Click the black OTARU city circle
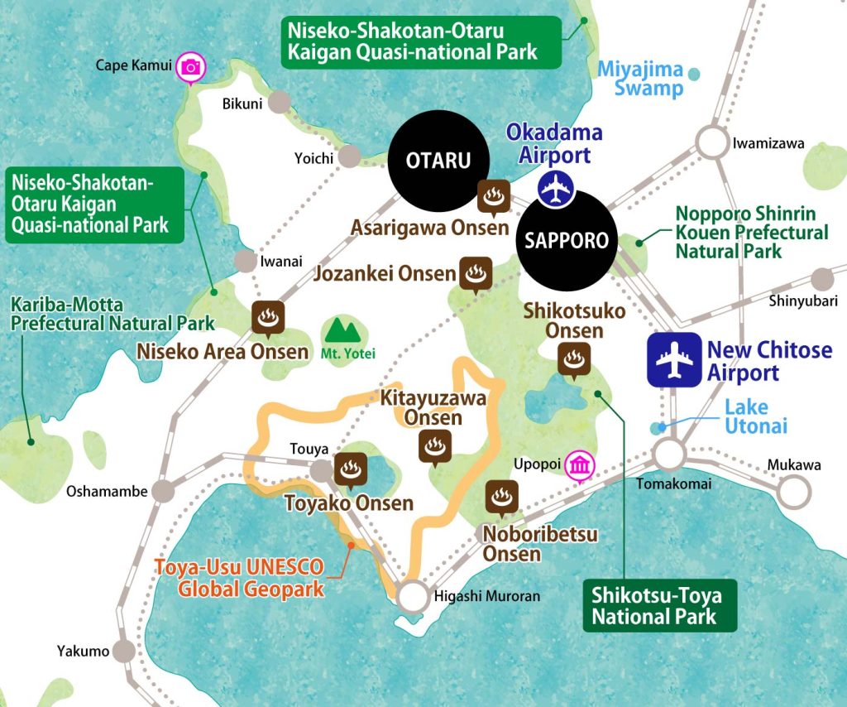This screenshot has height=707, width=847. pyautogui.click(x=438, y=160)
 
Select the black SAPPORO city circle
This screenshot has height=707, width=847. pyautogui.click(x=567, y=240)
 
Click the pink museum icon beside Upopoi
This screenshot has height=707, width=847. pyautogui.click(x=578, y=467)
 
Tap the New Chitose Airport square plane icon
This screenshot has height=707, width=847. pyautogui.click(x=673, y=360)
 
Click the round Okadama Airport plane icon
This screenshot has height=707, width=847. pyautogui.click(x=555, y=189)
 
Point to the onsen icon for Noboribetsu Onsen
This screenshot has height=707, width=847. pyautogui.click(x=500, y=497)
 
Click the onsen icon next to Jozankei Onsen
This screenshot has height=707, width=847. pyautogui.click(x=476, y=274)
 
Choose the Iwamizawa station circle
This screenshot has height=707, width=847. pyautogui.click(x=710, y=142)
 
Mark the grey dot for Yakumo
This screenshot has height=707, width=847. pyautogui.click(x=124, y=651)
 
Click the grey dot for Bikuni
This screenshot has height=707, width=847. pyautogui.click(x=280, y=103)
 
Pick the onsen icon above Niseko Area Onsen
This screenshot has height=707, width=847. pyautogui.click(x=268, y=316)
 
